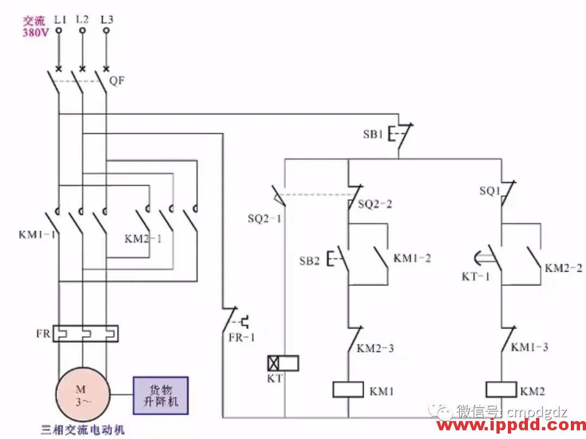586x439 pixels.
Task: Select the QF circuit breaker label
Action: (117, 81)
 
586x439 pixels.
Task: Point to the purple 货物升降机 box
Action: (161, 396)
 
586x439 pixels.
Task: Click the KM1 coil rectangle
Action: (347, 390)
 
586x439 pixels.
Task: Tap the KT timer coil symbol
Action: (283, 363)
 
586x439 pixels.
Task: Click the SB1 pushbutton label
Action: (373, 134)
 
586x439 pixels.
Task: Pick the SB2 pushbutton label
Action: (309, 261)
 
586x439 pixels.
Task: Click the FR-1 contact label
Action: (241, 337)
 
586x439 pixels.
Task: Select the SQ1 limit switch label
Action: (489, 191)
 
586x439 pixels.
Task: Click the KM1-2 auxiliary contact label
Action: (412, 258)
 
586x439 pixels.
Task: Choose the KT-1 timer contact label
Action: (476, 277)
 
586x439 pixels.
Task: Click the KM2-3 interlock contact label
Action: (375, 348)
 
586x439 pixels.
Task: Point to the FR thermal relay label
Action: (43, 333)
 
